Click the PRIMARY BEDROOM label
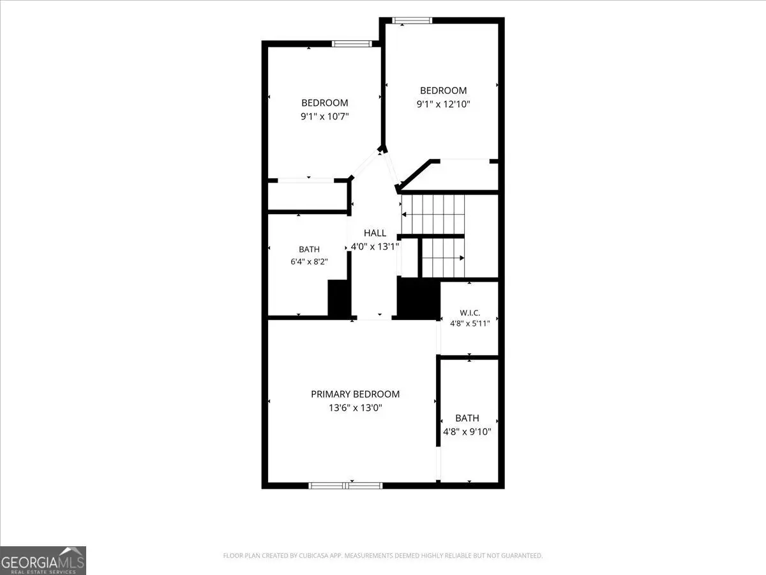pos(356,394)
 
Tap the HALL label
pos(375,233)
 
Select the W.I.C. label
pos(470,312)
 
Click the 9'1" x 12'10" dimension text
pos(443,104)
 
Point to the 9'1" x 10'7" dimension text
pos(325,116)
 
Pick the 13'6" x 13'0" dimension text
pos(356,408)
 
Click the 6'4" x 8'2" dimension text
pos(309,261)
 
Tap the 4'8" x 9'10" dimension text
pos(467,432)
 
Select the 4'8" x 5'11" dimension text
pos(470,323)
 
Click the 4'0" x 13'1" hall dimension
pos(375,247)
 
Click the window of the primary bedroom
pos(345,486)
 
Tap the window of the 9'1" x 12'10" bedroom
pos(412,20)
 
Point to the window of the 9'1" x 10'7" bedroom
pos(352,43)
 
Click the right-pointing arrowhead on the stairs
pos(462,258)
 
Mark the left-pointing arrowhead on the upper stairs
pos(405,215)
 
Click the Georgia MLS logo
pos(43,561)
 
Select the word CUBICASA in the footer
pos(312,555)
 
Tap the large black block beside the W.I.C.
pos(418,298)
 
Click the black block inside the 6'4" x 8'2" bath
pos(338,298)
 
